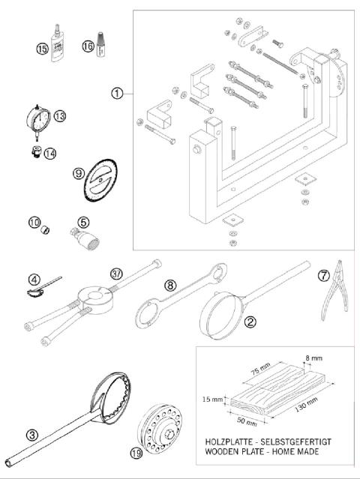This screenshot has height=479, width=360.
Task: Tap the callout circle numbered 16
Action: pyautogui.click(x=88, y=46)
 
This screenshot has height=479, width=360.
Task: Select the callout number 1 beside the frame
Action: pyautogui.click(x=116, y=94)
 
